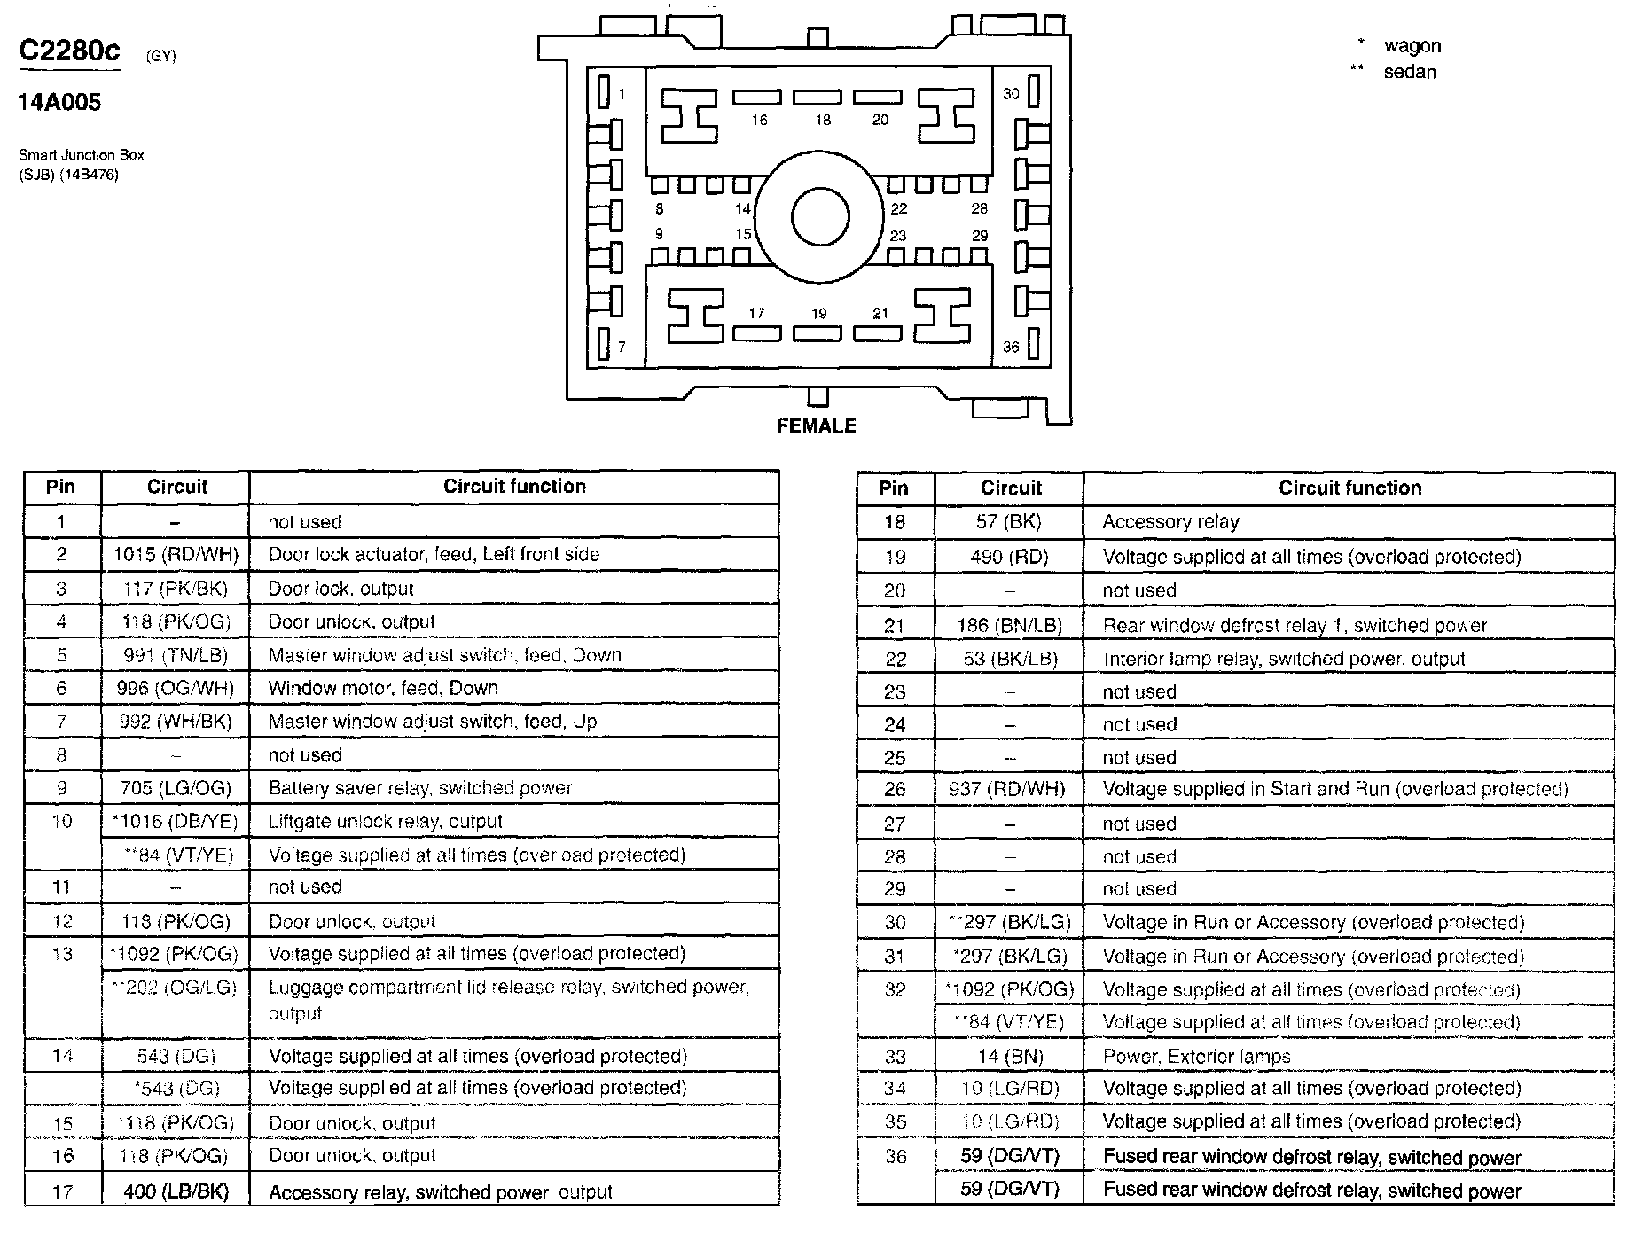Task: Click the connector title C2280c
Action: tap(69, 51)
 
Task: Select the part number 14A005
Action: tap(59, 103)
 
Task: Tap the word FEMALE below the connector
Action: tap(817, 426)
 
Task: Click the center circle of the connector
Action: tap(820, 217)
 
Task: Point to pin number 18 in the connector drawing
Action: tap(823, 120)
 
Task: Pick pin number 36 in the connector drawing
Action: tap(1011, 347)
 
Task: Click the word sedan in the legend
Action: tap(1410, 72)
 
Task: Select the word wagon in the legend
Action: tap(1412, 46)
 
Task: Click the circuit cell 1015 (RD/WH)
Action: tap(176, 555)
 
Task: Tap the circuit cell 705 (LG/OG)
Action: tap(176, 788)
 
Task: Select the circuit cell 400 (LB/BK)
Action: tap(176, 1192)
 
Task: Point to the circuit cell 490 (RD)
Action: tap(1009, 557)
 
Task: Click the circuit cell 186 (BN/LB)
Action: tap(1009, 625)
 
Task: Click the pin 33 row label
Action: tap(896, 1057)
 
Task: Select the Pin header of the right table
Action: tap(894, 488)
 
